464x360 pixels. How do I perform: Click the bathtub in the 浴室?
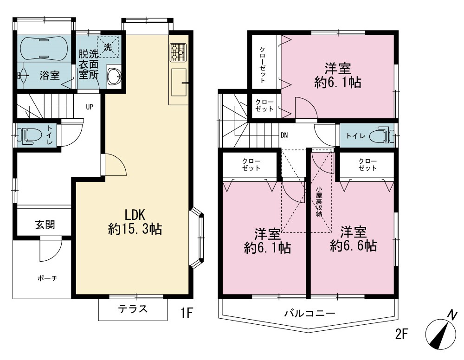[x=45, y=49]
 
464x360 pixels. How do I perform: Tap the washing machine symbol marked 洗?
[x=108, y=47]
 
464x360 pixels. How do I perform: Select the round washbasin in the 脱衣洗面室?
[x=114, y=76]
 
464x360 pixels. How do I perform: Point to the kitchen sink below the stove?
[x=179, y=83]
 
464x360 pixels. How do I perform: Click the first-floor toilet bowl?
[x=29, y=136]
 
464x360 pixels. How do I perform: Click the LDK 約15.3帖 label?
[x=135, y=222]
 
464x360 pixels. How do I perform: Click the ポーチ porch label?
[x=47, y=278]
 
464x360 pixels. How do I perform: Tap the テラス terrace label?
[x=133, y=309]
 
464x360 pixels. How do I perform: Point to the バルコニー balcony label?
[x=310, y=313]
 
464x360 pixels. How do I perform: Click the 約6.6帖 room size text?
[x=353, y=246]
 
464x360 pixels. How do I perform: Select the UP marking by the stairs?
[x=90, y=107]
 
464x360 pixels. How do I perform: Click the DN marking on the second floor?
[x=284, y=135]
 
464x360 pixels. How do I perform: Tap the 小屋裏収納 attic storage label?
[x=319, y=201]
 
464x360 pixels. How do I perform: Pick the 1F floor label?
[x=187, y=313]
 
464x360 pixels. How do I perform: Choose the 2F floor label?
[x=401, y=334]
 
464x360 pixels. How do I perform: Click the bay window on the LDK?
[x=197, y=238]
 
